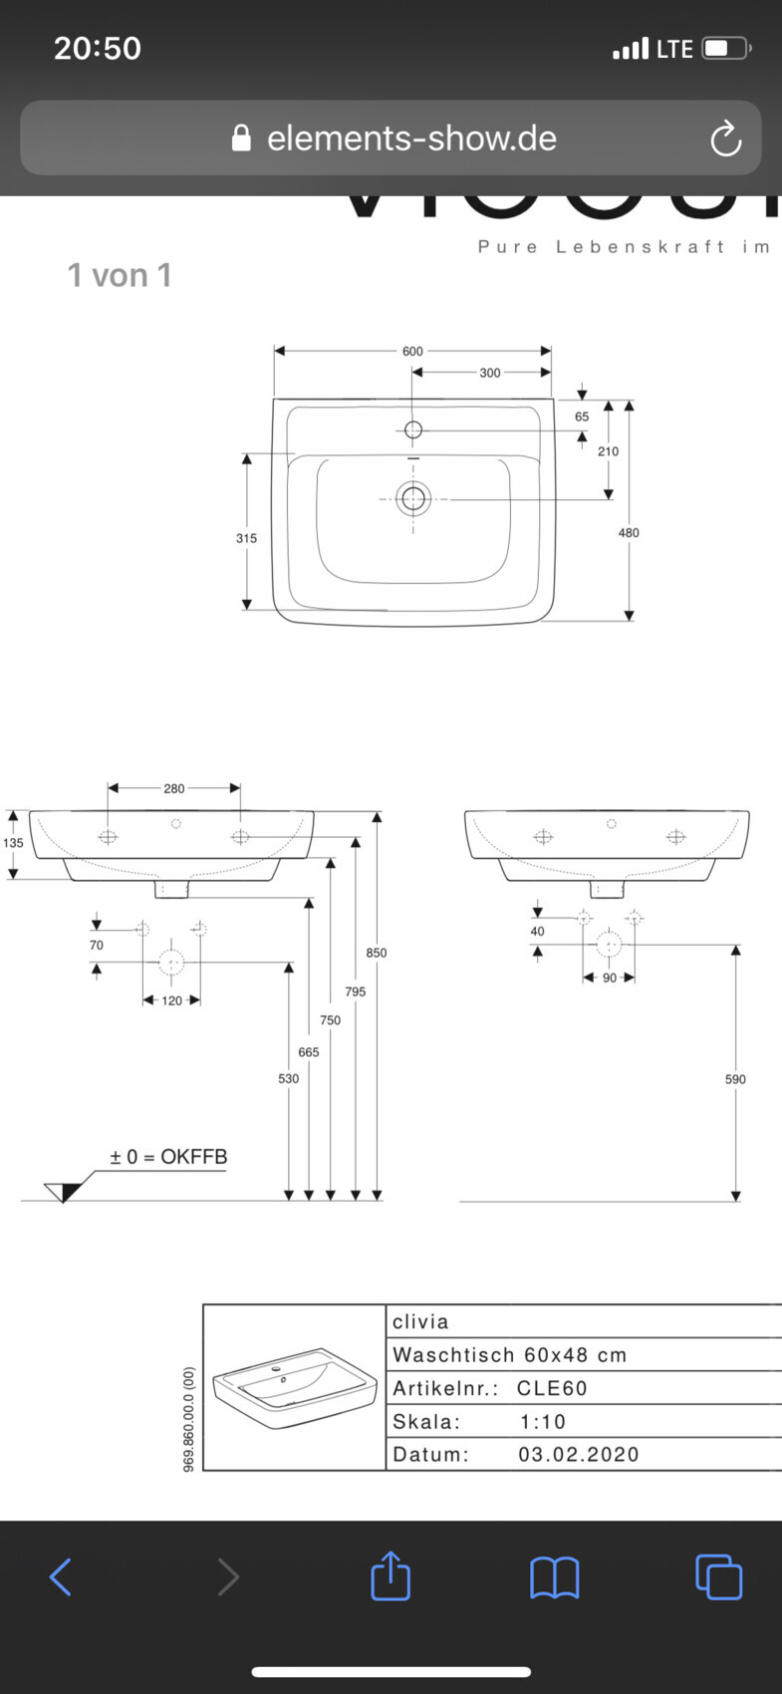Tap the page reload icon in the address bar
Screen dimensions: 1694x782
(725, 139)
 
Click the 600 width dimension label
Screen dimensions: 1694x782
(412, 351)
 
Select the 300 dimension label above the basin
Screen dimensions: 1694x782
(490, 373)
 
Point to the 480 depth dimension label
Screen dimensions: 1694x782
(629, 533)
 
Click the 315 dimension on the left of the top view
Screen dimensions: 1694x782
(246, 538)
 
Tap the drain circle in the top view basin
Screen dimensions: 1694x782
(413, 498)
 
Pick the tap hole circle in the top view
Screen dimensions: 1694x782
(413, 430)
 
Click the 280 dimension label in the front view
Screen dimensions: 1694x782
(174, 788)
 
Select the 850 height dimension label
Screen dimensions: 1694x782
(377, 953)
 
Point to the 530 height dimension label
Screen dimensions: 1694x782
(288, 1078)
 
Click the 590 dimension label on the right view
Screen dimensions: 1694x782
(735, 1079)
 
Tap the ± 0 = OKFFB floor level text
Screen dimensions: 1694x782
(168, 1157)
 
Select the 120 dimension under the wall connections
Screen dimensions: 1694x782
(172, 1000)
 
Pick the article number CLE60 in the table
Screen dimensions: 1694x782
(552, 1388)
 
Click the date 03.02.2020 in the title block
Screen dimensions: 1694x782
(579, 1454)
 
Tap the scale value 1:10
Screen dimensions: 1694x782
(543, 1422)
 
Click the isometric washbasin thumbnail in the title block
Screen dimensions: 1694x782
(296, 1388)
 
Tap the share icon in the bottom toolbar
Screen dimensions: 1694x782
(391, 1576)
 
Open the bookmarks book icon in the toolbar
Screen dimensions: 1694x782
(554, 1576)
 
